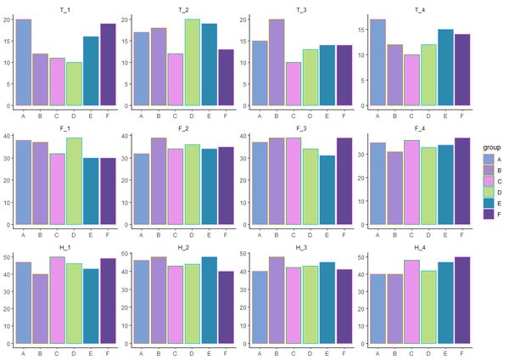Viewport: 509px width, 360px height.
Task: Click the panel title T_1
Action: click(65, 8)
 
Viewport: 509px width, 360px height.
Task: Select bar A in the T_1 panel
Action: click(24, 63)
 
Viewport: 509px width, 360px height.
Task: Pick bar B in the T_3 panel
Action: click(277, 63)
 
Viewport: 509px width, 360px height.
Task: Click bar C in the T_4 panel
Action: click(411, 81)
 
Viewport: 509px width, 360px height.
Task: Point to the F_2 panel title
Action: click(183, 127)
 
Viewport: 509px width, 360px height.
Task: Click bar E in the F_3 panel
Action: click(327, 190)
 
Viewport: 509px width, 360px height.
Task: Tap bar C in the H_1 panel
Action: click(57, 301)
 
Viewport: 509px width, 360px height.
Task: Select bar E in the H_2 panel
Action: click(209, 301)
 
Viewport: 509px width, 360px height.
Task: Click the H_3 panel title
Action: click(301, 247)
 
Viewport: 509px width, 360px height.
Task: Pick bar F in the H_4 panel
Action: click(461, 301)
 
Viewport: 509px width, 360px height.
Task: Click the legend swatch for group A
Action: click(488, 159)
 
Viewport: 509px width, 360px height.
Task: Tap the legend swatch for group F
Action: click(488, 238)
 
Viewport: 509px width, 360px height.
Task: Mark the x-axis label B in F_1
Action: click(40, 234)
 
